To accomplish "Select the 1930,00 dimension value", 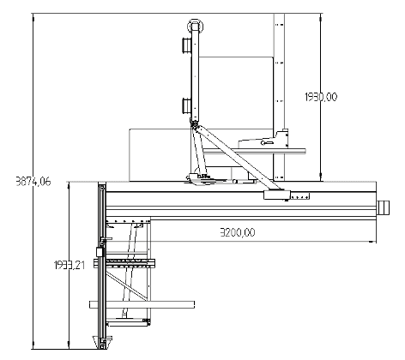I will click(314, 97).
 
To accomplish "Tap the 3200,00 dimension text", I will click(237, 231).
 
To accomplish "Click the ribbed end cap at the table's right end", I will click(382, 207).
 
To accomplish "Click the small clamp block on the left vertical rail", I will click(100, 253).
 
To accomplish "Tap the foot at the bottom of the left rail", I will click(105, 344).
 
